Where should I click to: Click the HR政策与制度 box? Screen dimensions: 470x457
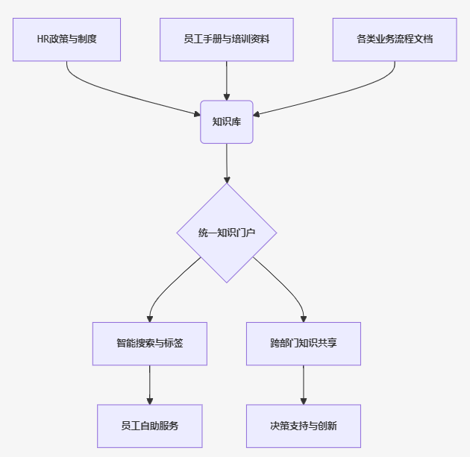pos(66,40)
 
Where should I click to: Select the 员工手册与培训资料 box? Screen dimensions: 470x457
pos(227,40)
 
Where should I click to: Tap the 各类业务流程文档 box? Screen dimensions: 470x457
pos(395,40)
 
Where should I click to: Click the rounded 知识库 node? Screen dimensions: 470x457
pos(227,122)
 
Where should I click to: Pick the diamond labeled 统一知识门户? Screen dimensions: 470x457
pos(227,233)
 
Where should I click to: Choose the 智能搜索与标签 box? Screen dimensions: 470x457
pos(149,344)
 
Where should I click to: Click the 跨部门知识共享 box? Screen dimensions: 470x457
pos(304,344)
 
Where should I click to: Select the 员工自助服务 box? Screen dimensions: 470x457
pos(149,426)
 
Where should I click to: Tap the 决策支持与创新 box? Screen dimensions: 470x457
pos(304,426)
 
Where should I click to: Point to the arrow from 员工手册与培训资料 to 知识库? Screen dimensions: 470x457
pos(227,81)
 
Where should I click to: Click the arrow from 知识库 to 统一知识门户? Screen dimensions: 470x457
pos(227,163)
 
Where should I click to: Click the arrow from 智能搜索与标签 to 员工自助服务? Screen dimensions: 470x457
pos(149,385)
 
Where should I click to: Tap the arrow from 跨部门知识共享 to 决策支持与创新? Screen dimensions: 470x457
pos(304,385)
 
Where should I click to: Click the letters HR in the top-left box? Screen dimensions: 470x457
pos(43,39)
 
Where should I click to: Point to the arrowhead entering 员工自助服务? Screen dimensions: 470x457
pos(149,401)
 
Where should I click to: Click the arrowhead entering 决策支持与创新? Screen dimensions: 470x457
pos(304,401)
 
